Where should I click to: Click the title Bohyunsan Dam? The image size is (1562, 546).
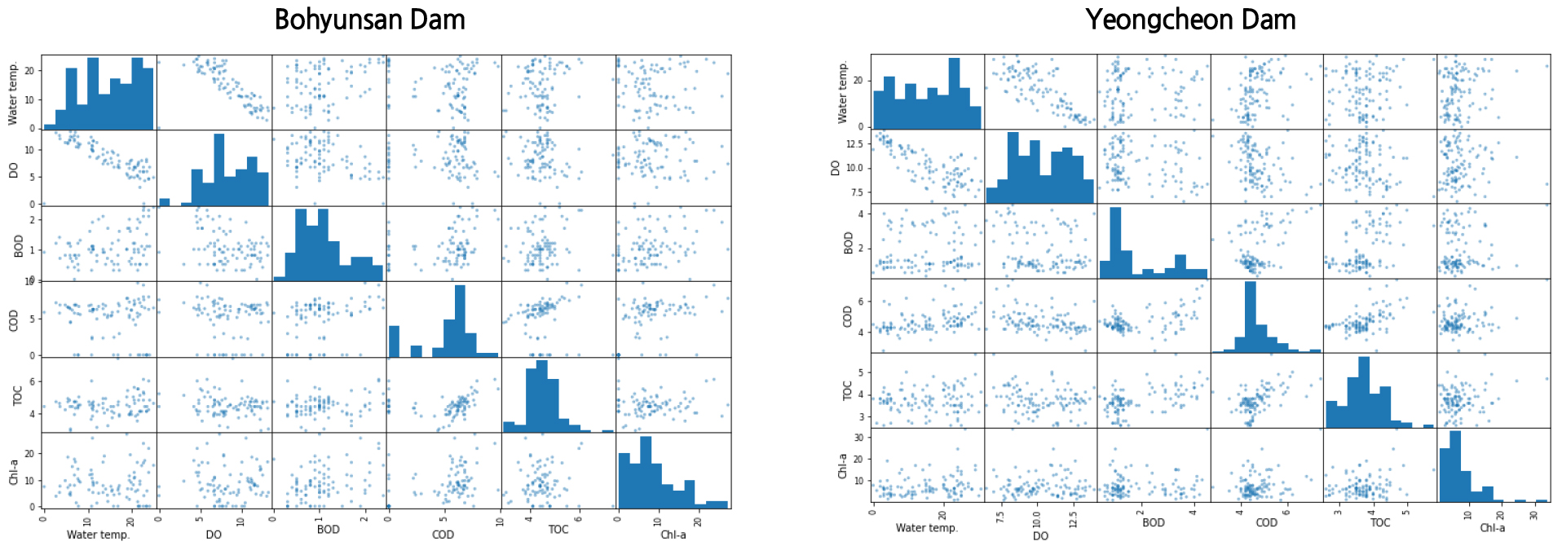[369, 20]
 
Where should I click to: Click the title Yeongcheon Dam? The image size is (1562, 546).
[1190, 20]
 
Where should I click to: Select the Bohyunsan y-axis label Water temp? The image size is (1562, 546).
[13, 93]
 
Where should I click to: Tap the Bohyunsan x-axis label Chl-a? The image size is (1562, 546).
[673, 535]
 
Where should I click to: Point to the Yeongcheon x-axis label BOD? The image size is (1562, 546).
[1153, 522]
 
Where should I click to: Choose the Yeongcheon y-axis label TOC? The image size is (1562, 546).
[847, 390]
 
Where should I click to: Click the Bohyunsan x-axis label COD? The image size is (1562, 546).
[443, 535]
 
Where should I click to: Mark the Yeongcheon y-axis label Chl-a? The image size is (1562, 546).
[842, 466]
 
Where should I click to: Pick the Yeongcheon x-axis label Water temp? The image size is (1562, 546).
[926, 527]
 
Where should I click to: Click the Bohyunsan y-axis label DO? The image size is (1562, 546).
[13, 170]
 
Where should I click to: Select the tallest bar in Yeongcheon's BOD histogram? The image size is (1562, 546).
[1115, 243]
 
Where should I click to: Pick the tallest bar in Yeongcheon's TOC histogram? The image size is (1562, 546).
[1364, 392]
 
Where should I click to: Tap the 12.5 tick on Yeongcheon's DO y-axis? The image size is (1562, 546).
[854, 144]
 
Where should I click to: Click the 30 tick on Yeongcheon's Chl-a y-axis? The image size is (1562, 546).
[858, 438]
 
